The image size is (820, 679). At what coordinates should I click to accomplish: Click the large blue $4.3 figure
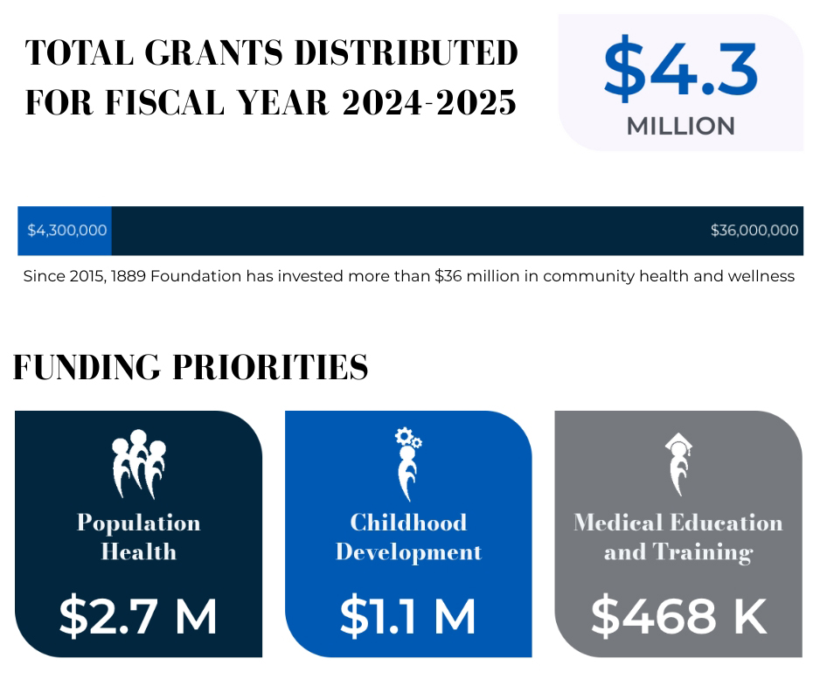point(680,68)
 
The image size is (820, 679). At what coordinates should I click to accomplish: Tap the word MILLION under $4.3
point(680,126)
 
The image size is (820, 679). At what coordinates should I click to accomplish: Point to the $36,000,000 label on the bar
point(754,231)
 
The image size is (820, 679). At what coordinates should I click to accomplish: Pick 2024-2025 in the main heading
point(428,103)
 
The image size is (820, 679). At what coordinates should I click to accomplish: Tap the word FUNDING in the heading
point(87,368)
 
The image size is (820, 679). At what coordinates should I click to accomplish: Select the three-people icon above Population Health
point(138,464)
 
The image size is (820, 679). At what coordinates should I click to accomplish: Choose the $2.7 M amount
point(138,616)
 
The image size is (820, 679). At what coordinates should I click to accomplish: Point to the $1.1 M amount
point(407,616)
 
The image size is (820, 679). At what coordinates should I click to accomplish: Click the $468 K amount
point(678,616)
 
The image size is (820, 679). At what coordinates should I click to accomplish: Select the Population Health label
point(138,537)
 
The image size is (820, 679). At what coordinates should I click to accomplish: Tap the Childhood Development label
point(408,537)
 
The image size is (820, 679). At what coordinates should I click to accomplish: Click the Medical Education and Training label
point(678,537)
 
